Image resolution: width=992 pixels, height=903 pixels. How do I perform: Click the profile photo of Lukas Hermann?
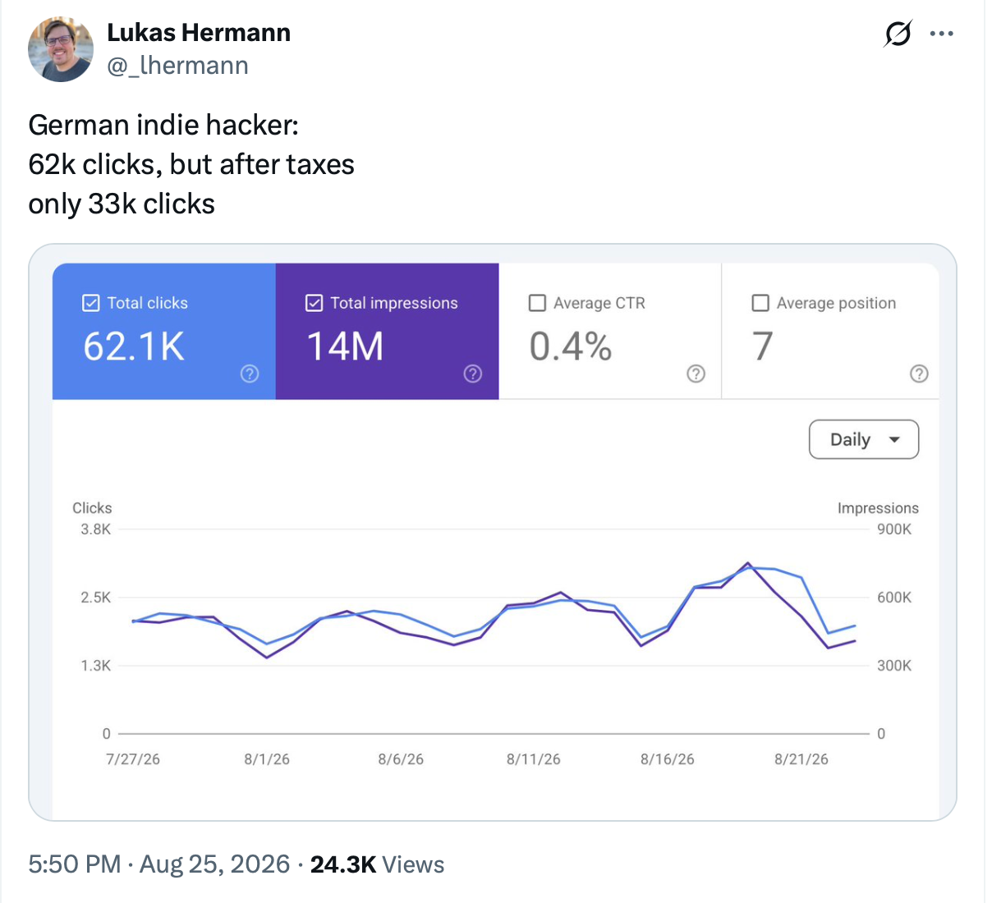click(x=61, y=49)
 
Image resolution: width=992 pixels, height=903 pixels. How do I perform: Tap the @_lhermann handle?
click(x=177, y=66)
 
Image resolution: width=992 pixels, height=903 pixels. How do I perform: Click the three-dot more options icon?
click(x=942, y=34)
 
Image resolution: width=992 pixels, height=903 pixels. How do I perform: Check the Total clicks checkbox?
click(x=91, y=303)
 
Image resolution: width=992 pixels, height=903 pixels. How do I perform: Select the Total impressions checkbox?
click(x=314, y=303)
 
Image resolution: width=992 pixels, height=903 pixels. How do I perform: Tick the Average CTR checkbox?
click(x=538, y=303)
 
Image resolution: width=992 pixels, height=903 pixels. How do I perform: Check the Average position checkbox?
click(x=760, y=303)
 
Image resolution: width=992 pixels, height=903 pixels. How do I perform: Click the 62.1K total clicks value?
click(x=134, y=346)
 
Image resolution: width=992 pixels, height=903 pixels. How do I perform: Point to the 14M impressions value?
click(x=345, y=346)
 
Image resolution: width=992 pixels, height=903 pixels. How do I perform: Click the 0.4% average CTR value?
click(x=571, y=346)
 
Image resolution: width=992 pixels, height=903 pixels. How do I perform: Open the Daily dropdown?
click(x=864, y=440)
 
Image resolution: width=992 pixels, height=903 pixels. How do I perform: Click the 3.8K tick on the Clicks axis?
click(x=96, y=529)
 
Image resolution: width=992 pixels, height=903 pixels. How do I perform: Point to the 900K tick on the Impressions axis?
click(x=894, y=529)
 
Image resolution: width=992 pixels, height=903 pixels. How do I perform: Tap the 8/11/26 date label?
click(x=534, y=759)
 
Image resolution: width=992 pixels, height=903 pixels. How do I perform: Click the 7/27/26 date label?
click(x=133, y=759)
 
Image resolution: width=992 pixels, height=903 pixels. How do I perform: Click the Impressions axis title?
click(x=878, y=508)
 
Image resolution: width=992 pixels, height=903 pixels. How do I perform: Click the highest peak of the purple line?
click(x=748, y=563)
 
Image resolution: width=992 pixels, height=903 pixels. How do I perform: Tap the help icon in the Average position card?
click(x=919, y=374)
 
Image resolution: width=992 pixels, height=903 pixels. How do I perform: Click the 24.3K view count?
click(x=343, y=864)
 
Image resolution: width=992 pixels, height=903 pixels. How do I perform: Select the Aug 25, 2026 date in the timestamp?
click(x=214, y=864)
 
